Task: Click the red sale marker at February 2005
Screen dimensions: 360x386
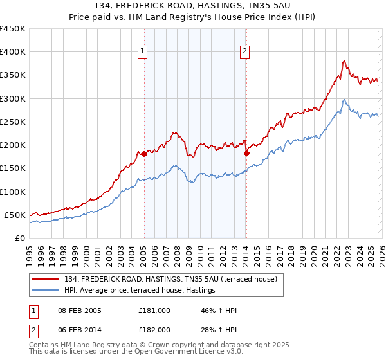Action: [x=144, y=154]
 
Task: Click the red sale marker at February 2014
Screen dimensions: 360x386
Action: [x=246, y=153]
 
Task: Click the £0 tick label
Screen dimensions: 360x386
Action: [x=19, y=238]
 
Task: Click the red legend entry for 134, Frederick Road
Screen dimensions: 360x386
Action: [x=170, y=279]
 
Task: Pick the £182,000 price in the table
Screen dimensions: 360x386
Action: [x=154, y=329]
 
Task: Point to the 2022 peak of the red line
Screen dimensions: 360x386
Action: [x=344, y=61]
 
